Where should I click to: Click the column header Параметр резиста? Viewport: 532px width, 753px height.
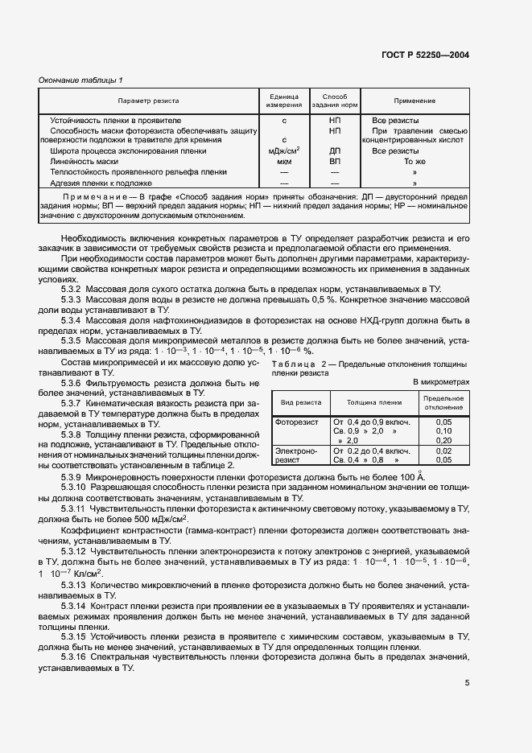click(x=149, y=101)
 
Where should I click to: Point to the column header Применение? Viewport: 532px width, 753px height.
click(x=414, y=101)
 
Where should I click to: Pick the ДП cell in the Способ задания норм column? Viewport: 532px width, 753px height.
click(x=335, y=150)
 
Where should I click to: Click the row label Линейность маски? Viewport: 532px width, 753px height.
click(x=84, y=161)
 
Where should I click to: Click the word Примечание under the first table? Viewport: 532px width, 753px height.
click(x=97, y=196)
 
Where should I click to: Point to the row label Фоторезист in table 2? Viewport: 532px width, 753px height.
click(x=297, y=421)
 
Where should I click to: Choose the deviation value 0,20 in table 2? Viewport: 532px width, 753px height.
click(x=443, y=440)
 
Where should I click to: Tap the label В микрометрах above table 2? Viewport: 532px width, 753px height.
click(x=440, y=381)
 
